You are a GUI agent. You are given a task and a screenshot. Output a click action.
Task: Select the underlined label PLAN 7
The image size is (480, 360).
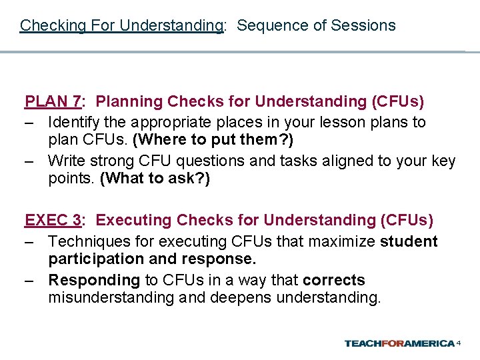53,102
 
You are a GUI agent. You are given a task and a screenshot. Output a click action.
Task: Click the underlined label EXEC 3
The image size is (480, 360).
53,221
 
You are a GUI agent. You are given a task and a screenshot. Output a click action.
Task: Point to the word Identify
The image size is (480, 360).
75,123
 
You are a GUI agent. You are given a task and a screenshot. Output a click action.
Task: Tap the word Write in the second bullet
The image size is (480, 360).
66,161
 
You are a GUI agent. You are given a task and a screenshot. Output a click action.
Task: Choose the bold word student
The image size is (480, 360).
409,241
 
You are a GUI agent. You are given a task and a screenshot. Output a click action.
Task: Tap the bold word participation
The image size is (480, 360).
95,259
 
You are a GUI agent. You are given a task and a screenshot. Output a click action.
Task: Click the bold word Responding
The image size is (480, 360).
94,280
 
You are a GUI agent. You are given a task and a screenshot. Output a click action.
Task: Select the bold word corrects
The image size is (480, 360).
333,280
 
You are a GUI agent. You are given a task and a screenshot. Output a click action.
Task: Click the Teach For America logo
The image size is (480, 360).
399,343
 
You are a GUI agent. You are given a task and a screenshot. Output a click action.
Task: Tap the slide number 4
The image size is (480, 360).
459,343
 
